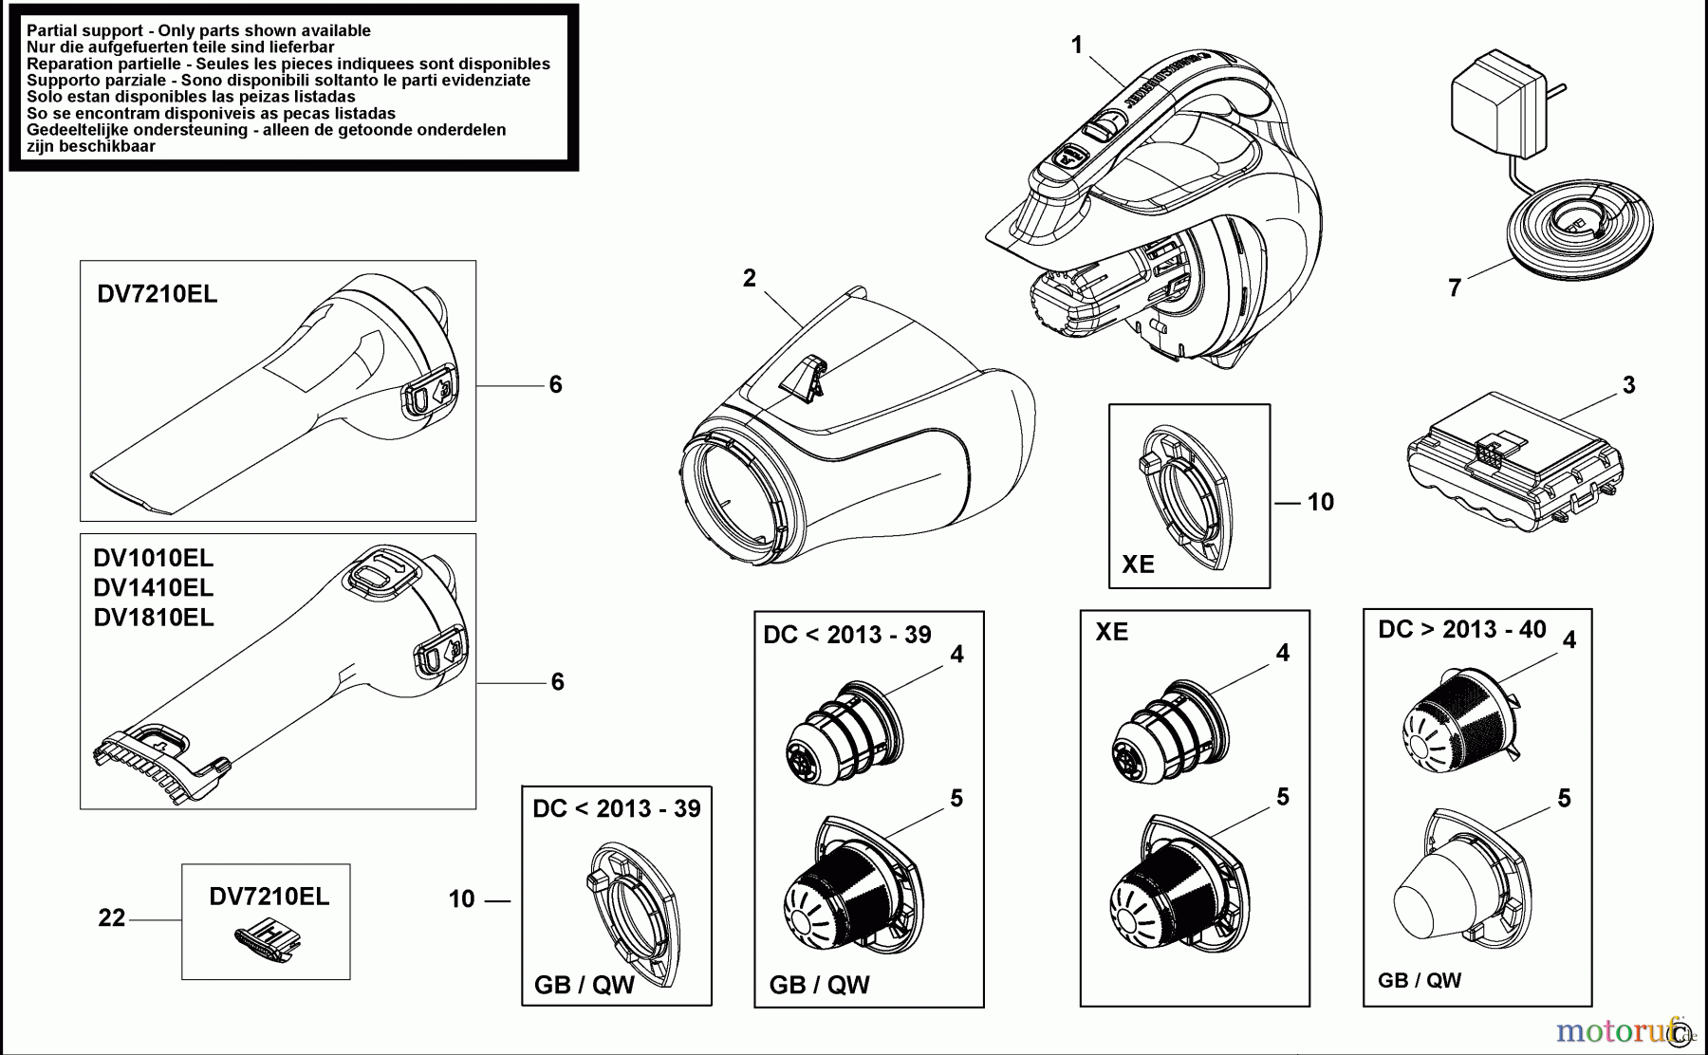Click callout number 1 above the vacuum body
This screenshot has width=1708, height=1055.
click(x=1076, y=45)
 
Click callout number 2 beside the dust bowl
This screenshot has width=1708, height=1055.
click(x=750, y=278)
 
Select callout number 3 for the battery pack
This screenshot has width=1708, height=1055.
click(x=1628, y=385)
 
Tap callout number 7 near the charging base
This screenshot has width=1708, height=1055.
click(x=1455, y=287)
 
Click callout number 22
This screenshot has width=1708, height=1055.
click(x=111, y=917)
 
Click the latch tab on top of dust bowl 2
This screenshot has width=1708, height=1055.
click(x=802, y=377)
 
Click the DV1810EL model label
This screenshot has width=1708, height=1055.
click(x=154, y=618)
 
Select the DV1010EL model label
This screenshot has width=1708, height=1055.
click(x=154, y=558)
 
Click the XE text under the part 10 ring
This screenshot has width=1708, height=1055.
click(x=1138, y=565)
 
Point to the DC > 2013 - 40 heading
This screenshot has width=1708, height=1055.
click(x=1461, y=630)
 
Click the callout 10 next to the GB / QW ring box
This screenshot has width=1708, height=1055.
click(x=461, y=898)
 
